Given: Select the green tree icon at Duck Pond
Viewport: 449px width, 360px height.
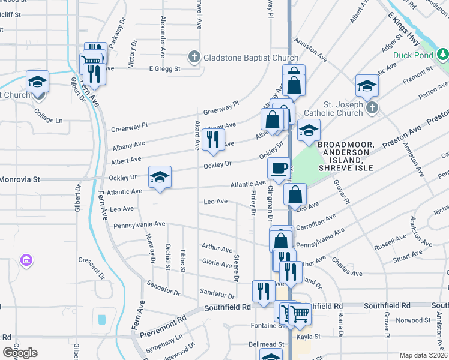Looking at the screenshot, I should pyautogui.click(x=442, y=56).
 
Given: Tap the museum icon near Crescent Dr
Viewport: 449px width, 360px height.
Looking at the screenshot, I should pyautogui.click(x=26, y=261).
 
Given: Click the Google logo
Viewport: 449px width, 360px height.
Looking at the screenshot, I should pyautogui.click(x=20, y=353).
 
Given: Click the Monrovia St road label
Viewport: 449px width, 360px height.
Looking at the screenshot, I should pyautogui.click(x=20, y=179).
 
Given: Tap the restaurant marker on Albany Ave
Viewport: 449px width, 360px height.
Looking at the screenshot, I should pyautogui.click(x=212, y=139).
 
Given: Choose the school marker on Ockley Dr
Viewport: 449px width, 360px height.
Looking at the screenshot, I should pyautogui.click(x=160, y=178).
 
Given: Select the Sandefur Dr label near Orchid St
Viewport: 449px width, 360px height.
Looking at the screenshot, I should pyautogui.click(x=164, y=289).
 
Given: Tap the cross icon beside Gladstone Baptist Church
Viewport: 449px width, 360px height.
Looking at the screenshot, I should pyautogui.click(x=194, y=58).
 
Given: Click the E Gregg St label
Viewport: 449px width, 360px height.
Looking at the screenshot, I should pyautogui.click(x=165, y=68).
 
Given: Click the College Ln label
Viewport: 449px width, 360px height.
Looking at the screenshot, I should pyautogui.click(x=49, y=116).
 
